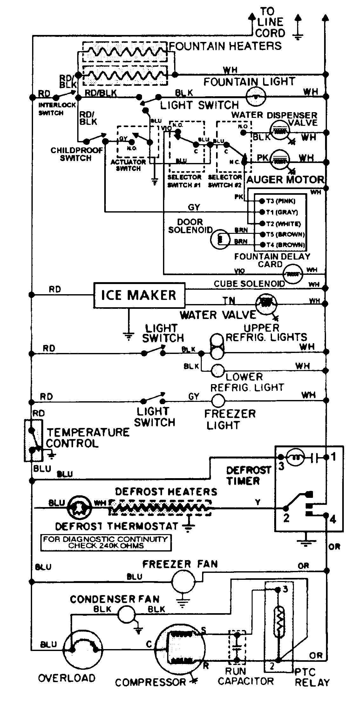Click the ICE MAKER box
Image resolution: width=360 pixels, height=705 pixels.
tap(139, 295)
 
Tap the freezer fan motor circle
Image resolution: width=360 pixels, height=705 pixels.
tap(183, 581)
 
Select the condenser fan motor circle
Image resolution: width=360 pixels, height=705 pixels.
tap(127, 614)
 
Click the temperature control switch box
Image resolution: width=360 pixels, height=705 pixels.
tap(33, 440)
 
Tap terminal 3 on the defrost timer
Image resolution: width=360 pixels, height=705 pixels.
tap(281, 458)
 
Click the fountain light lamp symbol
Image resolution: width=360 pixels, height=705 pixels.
tap(256, 96)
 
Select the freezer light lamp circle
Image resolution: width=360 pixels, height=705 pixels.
tap(218, 401)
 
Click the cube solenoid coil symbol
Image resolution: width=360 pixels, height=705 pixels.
tap(293, 274)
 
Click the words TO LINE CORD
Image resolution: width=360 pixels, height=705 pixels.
tap(270, 22)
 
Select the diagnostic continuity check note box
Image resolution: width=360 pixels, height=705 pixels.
tap(106, 542)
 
